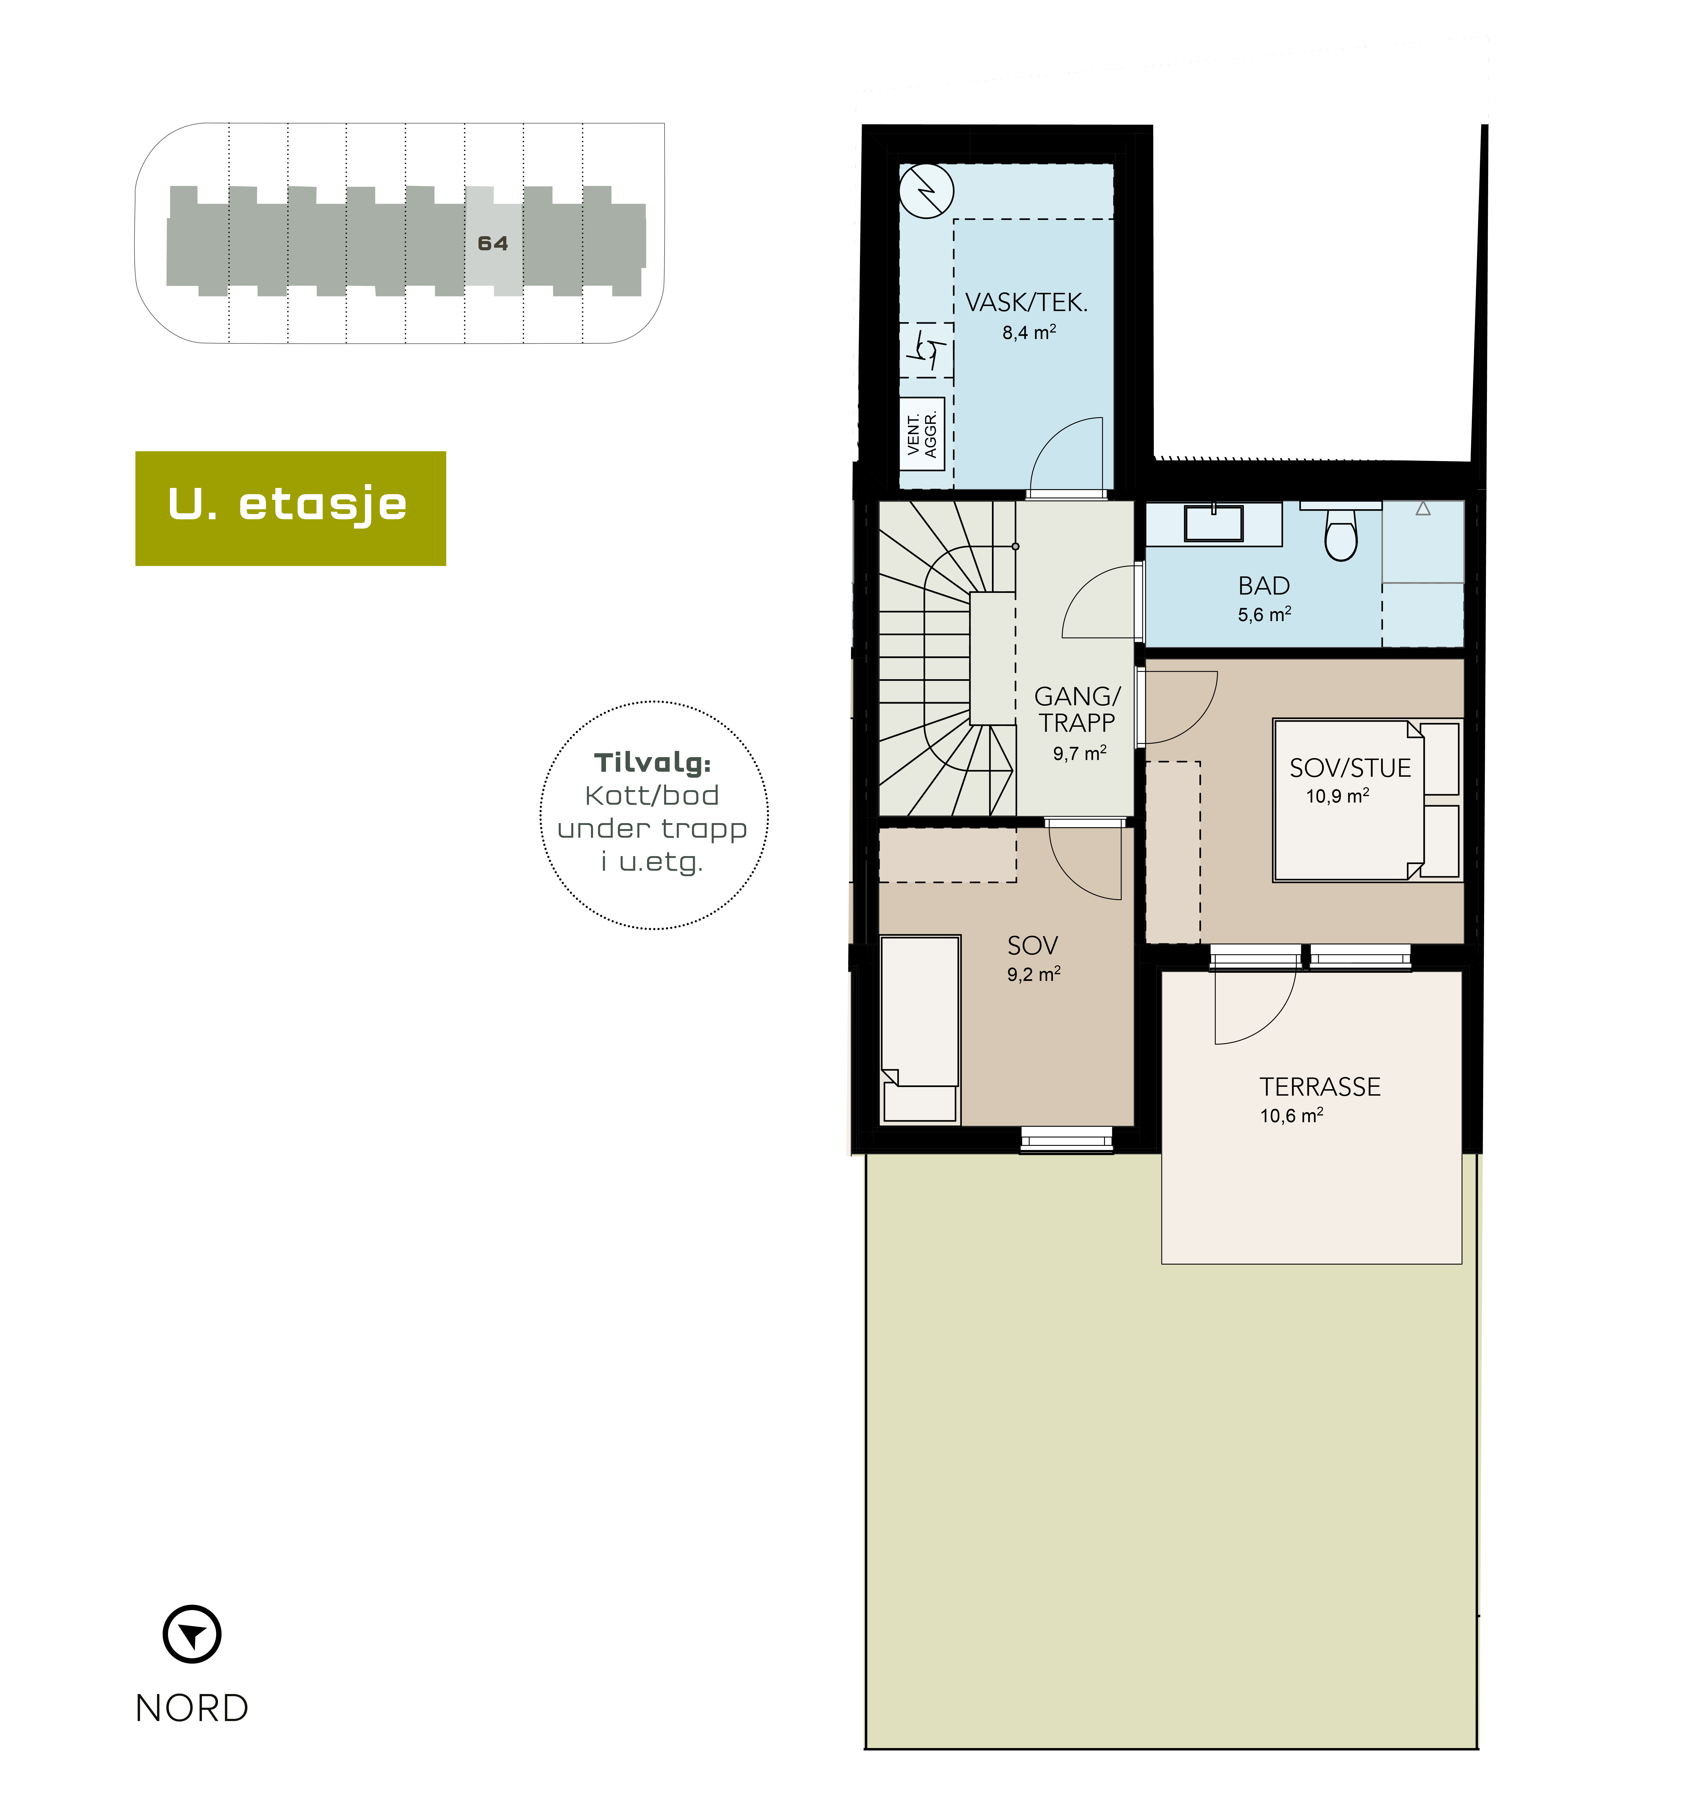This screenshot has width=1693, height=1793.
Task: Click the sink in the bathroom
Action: [1214, 524]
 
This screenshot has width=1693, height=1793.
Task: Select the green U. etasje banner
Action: [291, 508]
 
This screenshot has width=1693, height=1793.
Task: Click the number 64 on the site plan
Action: [493, 244]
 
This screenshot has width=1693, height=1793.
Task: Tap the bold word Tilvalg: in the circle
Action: [653, 763]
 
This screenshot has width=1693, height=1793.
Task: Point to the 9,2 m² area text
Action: [1033, 974]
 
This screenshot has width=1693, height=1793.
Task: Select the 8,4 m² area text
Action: [1029, 332]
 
